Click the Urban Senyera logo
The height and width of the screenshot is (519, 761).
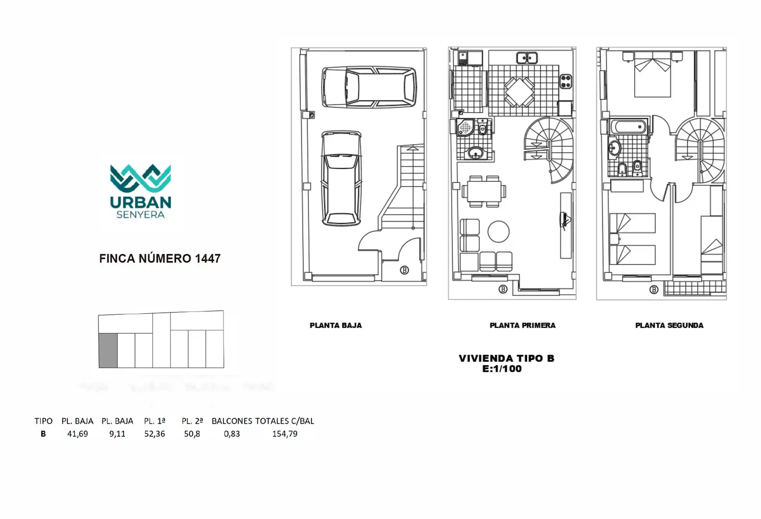click(x=141, y=191)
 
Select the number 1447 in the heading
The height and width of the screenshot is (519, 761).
click(x=208, y=259)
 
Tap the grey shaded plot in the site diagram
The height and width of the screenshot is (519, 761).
click(x=108, y=350)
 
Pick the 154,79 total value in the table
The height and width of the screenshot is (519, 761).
click(x=285, y=434)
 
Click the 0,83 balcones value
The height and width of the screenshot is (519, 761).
click(x=232, y=434)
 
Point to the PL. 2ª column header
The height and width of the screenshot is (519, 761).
click(x=192, y=421)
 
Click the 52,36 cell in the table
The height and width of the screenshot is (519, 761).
click(x=155, y=434)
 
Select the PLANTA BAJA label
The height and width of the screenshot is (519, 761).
click(x=336, y=326)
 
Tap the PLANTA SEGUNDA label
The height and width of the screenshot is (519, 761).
click(x=669, y=326)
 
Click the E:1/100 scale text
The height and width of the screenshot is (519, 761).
click(x=502, y=369)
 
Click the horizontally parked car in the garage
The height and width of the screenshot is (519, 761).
click(x=369, y=87)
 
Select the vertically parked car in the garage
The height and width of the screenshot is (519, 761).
click(x=342, y=178)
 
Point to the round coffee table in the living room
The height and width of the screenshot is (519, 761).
click(x=498, y=232)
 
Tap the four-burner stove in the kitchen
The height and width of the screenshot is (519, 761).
click(x=565, y=81)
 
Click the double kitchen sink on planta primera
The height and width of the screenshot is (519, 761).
click(x=527, y=58)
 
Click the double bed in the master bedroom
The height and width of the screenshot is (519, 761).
click(x=652, y=74)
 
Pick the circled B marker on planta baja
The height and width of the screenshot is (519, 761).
click(x=405, y=270)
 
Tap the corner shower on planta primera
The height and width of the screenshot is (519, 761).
click(x=465, y=127)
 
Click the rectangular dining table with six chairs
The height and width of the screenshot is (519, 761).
click(x=484, y=192)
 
